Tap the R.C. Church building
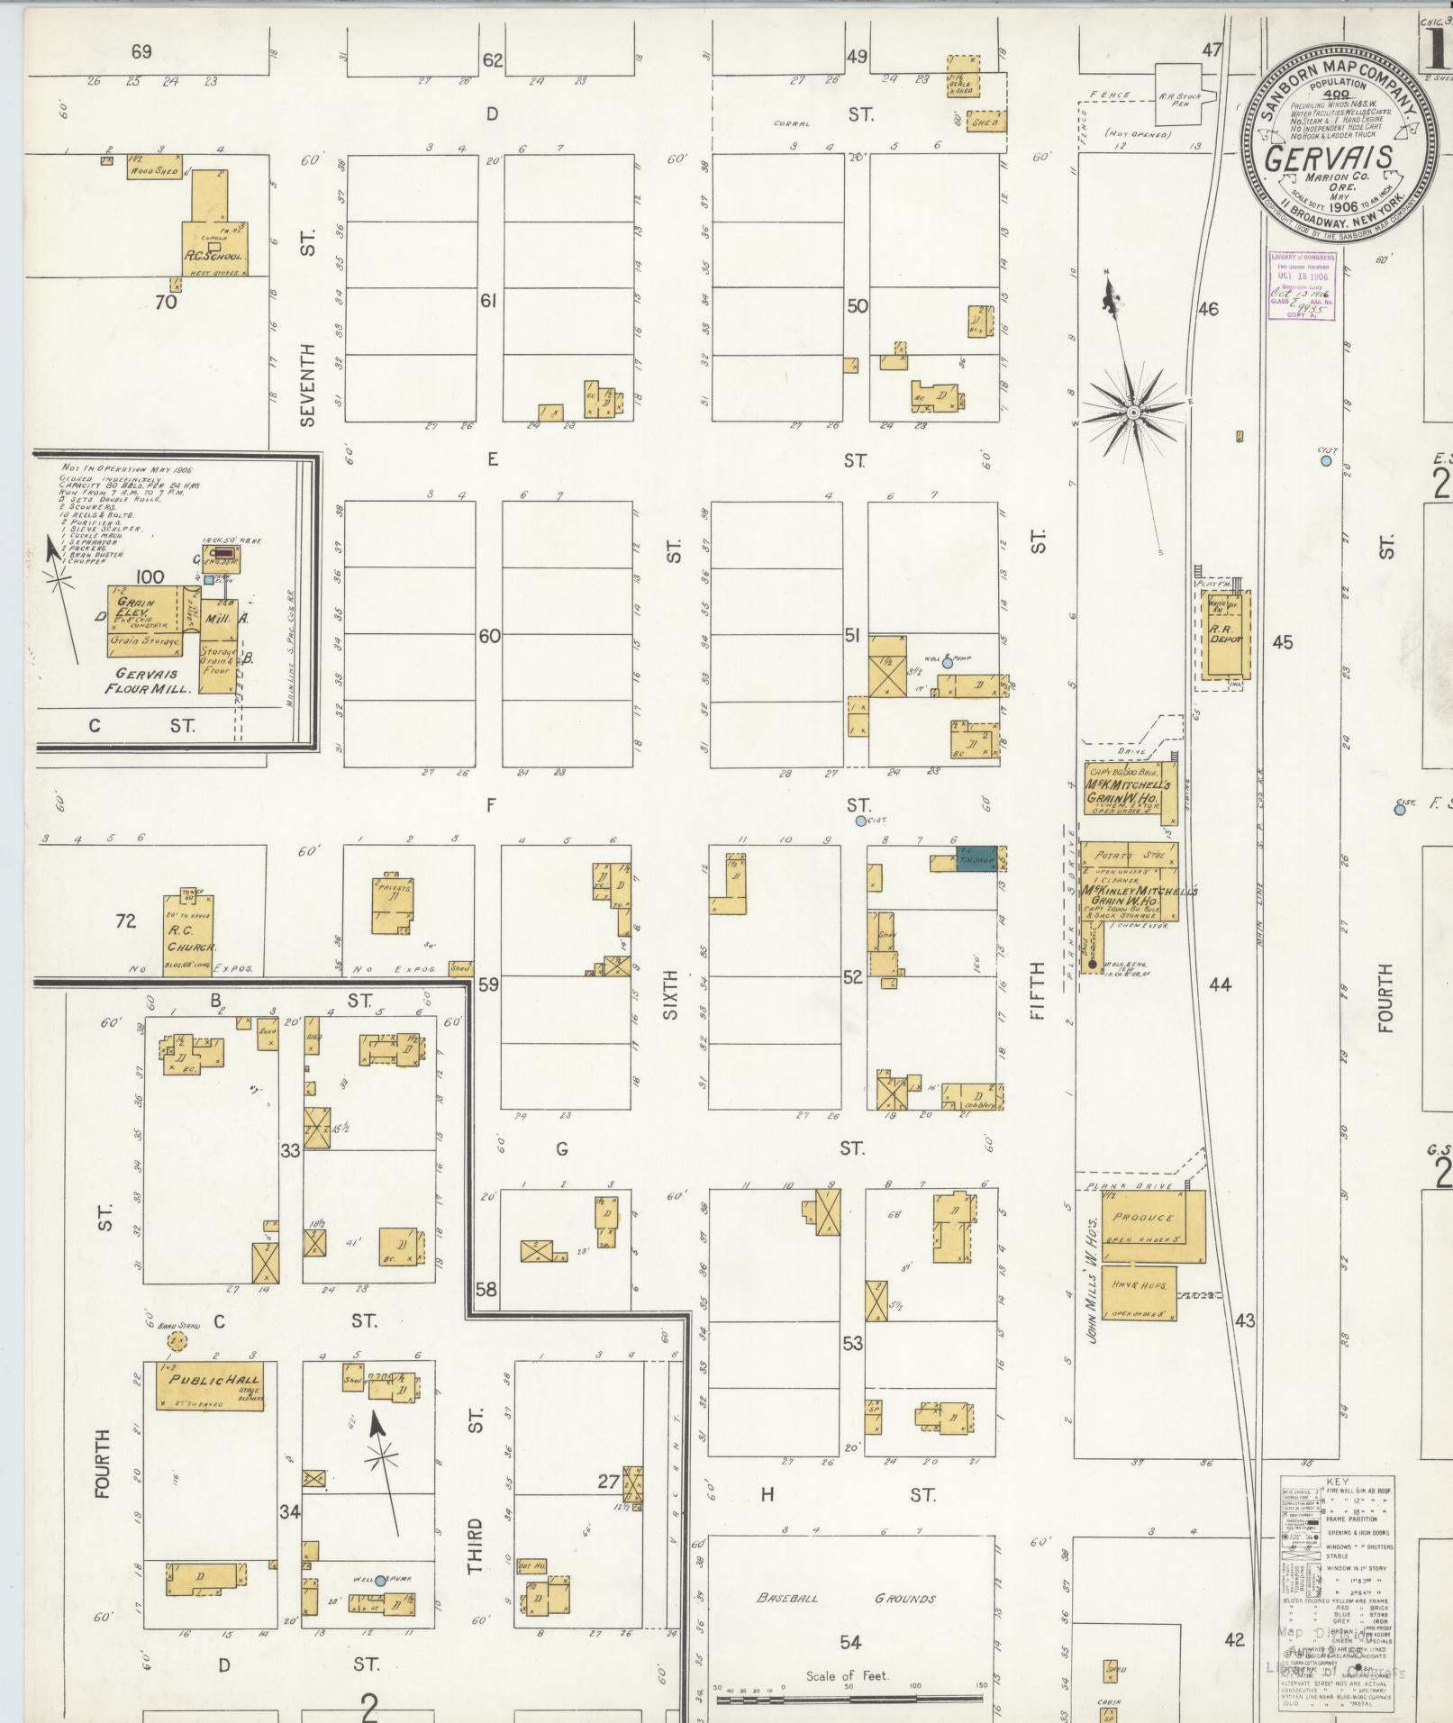(x=189, y=935)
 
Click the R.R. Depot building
(x=1225, y=636)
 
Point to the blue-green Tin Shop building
(x=976, y=859)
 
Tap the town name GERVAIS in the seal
(x=1329, y=157)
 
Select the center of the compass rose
(x=1133, y=413)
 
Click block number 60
(x=489, y=636)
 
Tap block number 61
(x=488, y=301)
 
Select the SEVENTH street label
(x=309, y=385)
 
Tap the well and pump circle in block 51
(x=947, y=662)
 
